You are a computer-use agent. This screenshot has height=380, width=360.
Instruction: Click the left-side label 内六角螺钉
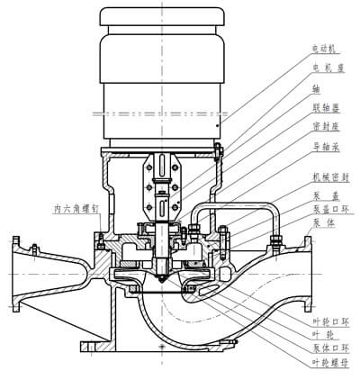coord(71,209)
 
